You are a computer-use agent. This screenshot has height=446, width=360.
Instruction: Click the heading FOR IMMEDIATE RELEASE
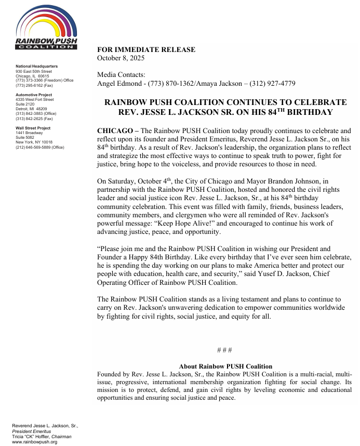click(x=146, y=50)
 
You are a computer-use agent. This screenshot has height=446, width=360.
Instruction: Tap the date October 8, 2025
click(x=121, y=58)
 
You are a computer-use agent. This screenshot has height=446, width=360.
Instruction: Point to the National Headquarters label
click(x=36, y=67)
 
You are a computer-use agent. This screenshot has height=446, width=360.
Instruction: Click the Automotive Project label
click(x=34, y=95)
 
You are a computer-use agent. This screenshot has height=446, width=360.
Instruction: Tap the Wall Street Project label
click(x=33, y=128)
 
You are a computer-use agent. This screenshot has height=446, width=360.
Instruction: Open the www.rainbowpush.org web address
click(x=34, y=442)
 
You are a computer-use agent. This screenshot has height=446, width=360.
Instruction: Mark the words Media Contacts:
click(x=121, y=75)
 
